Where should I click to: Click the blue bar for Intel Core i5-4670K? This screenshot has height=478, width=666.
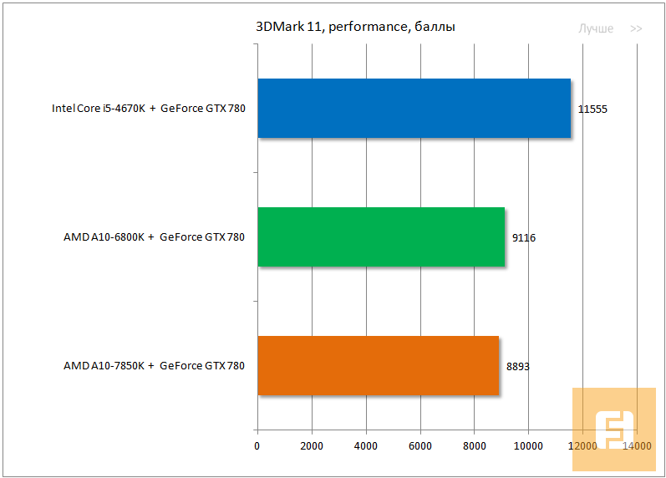(414, 108)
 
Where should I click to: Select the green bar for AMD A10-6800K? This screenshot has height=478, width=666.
(381, 236)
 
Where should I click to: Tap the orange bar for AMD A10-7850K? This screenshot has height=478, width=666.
(378, 365)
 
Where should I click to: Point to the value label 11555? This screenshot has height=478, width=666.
(592, 109)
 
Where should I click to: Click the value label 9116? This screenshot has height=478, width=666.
(524, 237)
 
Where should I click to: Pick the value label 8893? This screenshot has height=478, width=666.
(518, 366)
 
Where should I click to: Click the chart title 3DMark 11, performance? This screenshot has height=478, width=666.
(355, 28)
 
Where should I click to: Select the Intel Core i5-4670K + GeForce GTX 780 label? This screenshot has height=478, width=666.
(149, 109)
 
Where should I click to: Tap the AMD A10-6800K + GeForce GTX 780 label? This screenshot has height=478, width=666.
(154, 237)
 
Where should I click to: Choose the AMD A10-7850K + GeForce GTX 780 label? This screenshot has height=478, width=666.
(154, 366)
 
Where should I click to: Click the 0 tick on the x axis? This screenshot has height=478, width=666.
(257, 446)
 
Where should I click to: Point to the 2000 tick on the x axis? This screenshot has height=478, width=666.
(312, 446)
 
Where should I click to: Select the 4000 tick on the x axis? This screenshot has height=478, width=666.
(366, 446)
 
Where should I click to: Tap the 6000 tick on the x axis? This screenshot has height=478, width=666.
(420, 446)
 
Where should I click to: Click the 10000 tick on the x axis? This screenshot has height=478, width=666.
(528, 446)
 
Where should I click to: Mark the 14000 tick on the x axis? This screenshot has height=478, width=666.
(637, 446)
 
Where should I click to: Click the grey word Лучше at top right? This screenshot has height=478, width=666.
(596, 28)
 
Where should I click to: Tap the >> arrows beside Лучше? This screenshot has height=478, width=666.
(636, 28)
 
